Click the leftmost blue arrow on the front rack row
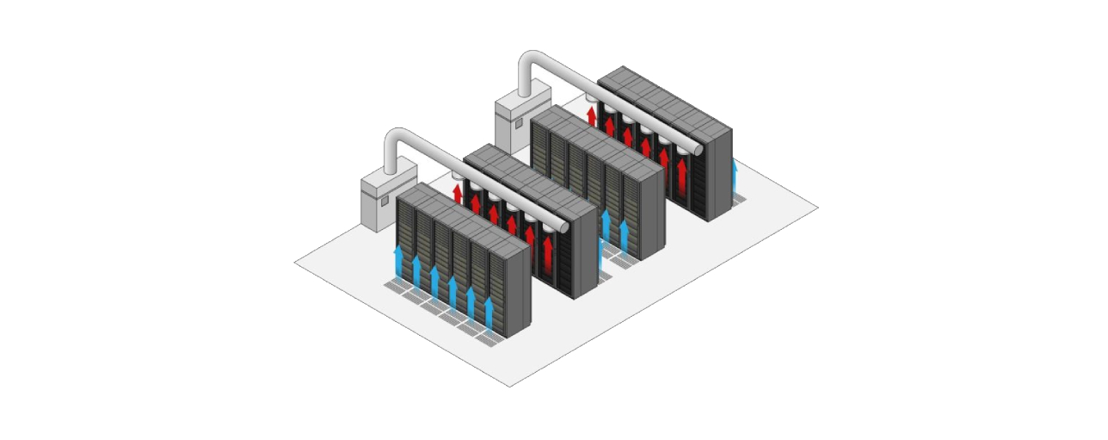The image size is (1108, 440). coord(397,262)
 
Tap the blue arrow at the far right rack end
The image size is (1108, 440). coord(734,177)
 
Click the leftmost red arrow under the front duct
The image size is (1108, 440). coord(457,193)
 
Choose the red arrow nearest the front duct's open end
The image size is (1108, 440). coord(548,251)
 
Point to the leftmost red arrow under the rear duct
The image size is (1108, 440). coord(591,115)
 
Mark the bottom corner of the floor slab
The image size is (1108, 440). coord(509,386)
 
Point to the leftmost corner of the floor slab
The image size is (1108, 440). coord(295,261)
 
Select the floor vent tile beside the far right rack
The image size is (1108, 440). coord(738,200)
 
